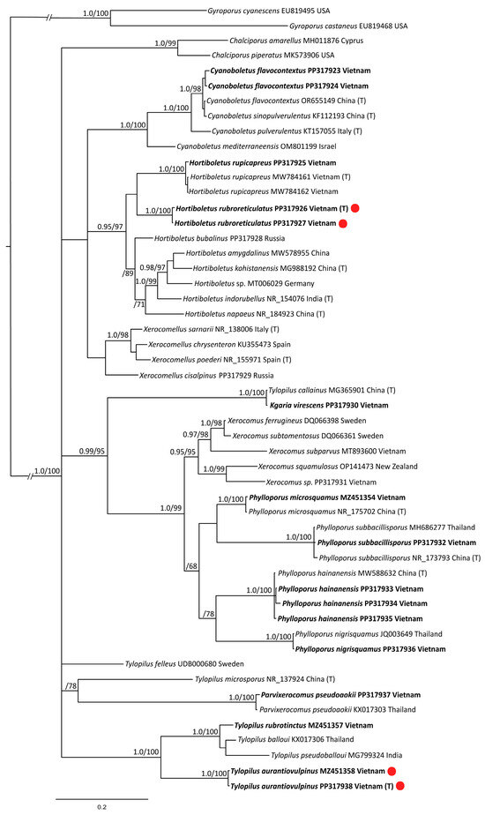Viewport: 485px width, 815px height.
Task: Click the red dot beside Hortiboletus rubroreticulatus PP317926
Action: tap(354, 209)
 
